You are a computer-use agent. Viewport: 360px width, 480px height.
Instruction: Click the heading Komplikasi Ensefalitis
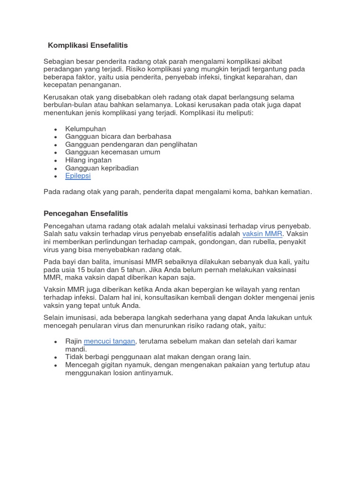pyautogui.click(x=88, y=45)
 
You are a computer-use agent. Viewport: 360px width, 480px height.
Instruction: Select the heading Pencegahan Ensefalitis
pyautogui.click(x=85, y=213)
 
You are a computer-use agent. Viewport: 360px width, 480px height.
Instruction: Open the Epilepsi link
pyautogui.click(x=78, y=176)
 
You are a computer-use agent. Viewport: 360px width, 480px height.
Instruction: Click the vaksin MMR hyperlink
pyautogui.click(x=262, y=233)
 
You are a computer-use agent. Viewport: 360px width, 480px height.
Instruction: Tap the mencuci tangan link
pyautogui.click(x=110, y=341)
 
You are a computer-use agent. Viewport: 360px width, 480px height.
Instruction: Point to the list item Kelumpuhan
pyautogui.click(x=86, y=128)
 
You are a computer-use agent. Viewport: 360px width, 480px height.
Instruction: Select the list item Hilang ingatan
pyautogui.click(x=89, y=160)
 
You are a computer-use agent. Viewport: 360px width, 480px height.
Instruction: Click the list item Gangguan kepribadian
pyautogui.click(x=102, y=168)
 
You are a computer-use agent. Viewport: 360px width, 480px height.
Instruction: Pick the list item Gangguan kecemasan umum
pyautogui.click(x=112, y=152)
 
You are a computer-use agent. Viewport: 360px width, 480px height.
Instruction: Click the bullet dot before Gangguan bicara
pyautogui.click(x=56, y=137)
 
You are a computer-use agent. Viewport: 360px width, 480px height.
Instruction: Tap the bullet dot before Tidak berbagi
pyautogui.click(x=56, y=357)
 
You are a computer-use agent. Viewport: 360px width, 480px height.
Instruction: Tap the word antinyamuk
pyautogui.click(x=153, y=373)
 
